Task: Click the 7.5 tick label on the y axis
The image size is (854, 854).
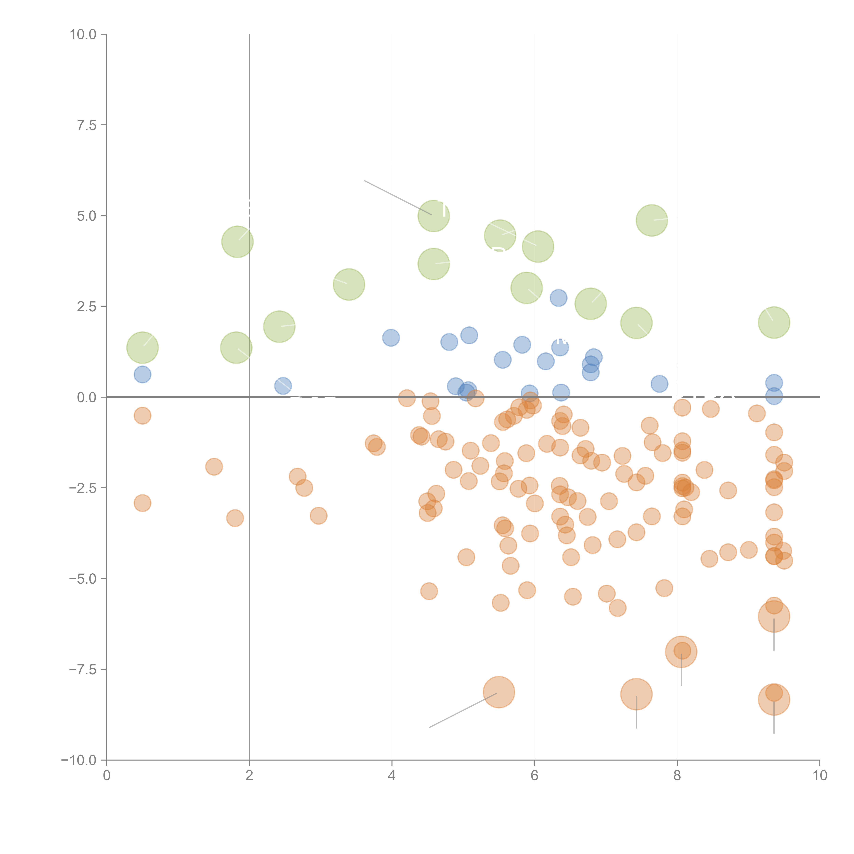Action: [x=86, y=125]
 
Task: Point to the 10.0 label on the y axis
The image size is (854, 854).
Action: [x=83, y=35]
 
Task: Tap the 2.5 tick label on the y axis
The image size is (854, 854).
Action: [x=86, y=306]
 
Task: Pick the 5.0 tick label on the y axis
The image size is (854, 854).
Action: [x=86, y=216]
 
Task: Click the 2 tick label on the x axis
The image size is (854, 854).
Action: [x=249, y=776]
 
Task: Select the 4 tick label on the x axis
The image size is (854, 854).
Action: [x=392, y=776]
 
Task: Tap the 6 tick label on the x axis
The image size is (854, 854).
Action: [x=534, y=776]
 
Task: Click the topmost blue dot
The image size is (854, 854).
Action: [x=558, y=298]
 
